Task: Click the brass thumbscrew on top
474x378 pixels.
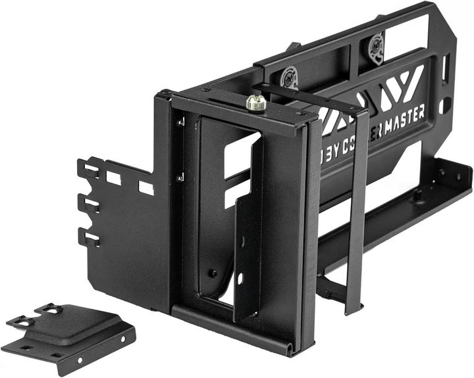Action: click(256, 103)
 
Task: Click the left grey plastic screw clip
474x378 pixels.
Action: click(290, 78)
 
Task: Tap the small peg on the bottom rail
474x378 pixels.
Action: click(417, 195)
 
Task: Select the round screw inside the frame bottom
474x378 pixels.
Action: click(213, 273)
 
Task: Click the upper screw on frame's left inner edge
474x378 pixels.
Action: click(180, 122)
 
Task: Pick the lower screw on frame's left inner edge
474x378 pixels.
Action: click(180, 176)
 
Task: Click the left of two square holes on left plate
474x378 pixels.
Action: click(113, 178)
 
